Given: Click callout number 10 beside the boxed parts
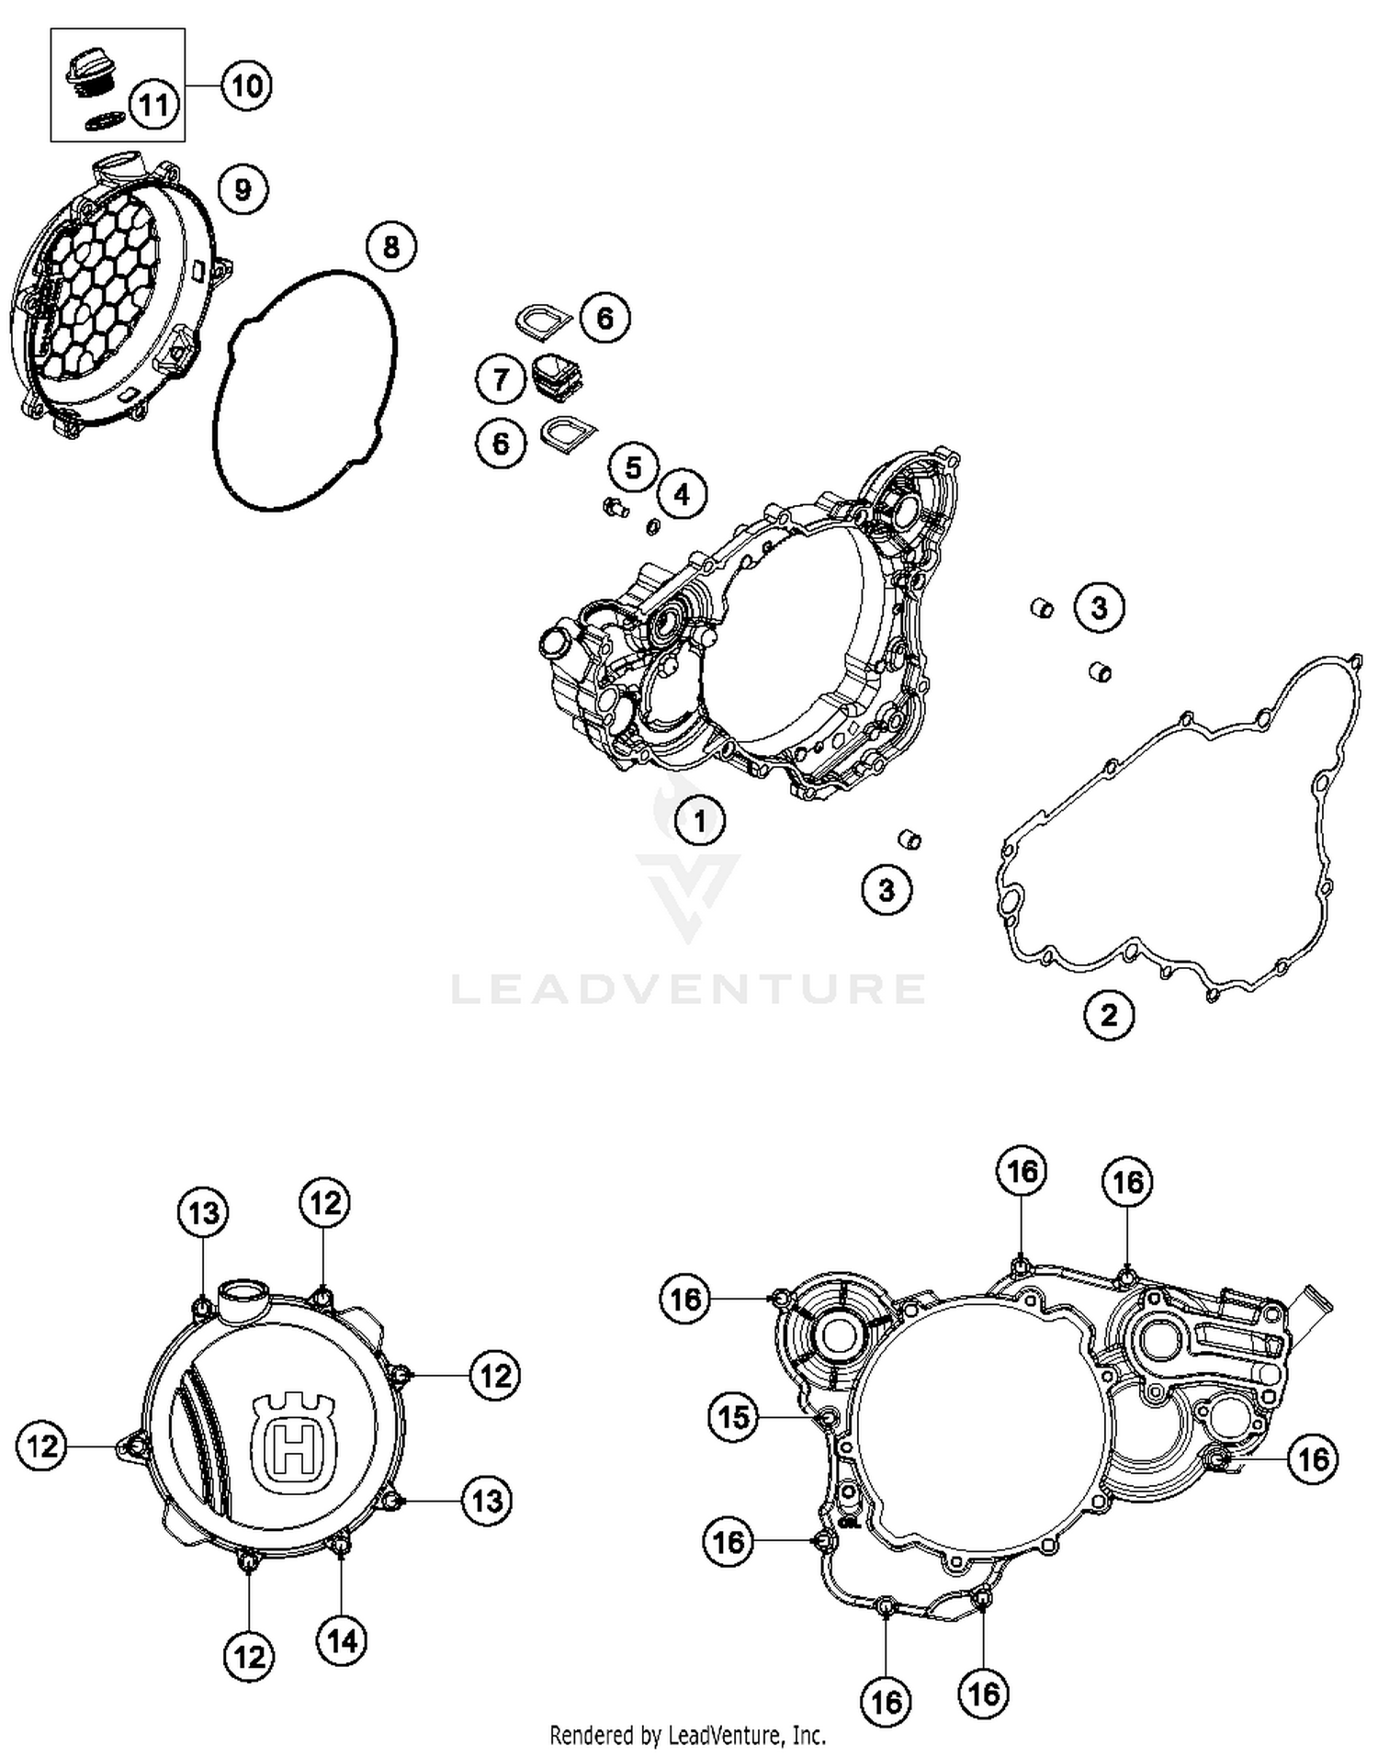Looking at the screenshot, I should point(246,85).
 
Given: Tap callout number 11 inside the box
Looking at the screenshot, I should point(153,105).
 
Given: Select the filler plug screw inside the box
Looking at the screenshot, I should point(90,74).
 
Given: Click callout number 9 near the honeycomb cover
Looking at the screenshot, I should point(243,189).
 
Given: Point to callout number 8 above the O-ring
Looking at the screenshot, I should point(391,246).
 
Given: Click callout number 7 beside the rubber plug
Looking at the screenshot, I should point(501,378).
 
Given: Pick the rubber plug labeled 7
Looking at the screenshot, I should point(557,377).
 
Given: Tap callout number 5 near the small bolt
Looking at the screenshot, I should point(634,467).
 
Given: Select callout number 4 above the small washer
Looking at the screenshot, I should point(682,494).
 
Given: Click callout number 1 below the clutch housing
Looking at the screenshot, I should point(700,820).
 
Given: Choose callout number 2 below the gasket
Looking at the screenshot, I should point(1110,1015).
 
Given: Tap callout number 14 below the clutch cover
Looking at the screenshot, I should point(342,1640).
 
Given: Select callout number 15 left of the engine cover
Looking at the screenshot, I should point(733,1417).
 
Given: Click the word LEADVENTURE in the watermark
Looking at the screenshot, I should point(688,988).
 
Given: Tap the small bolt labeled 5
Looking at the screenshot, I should point(613,506).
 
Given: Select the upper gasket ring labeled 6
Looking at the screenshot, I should point(542,320).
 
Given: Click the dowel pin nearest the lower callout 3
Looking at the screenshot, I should point(909,839).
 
